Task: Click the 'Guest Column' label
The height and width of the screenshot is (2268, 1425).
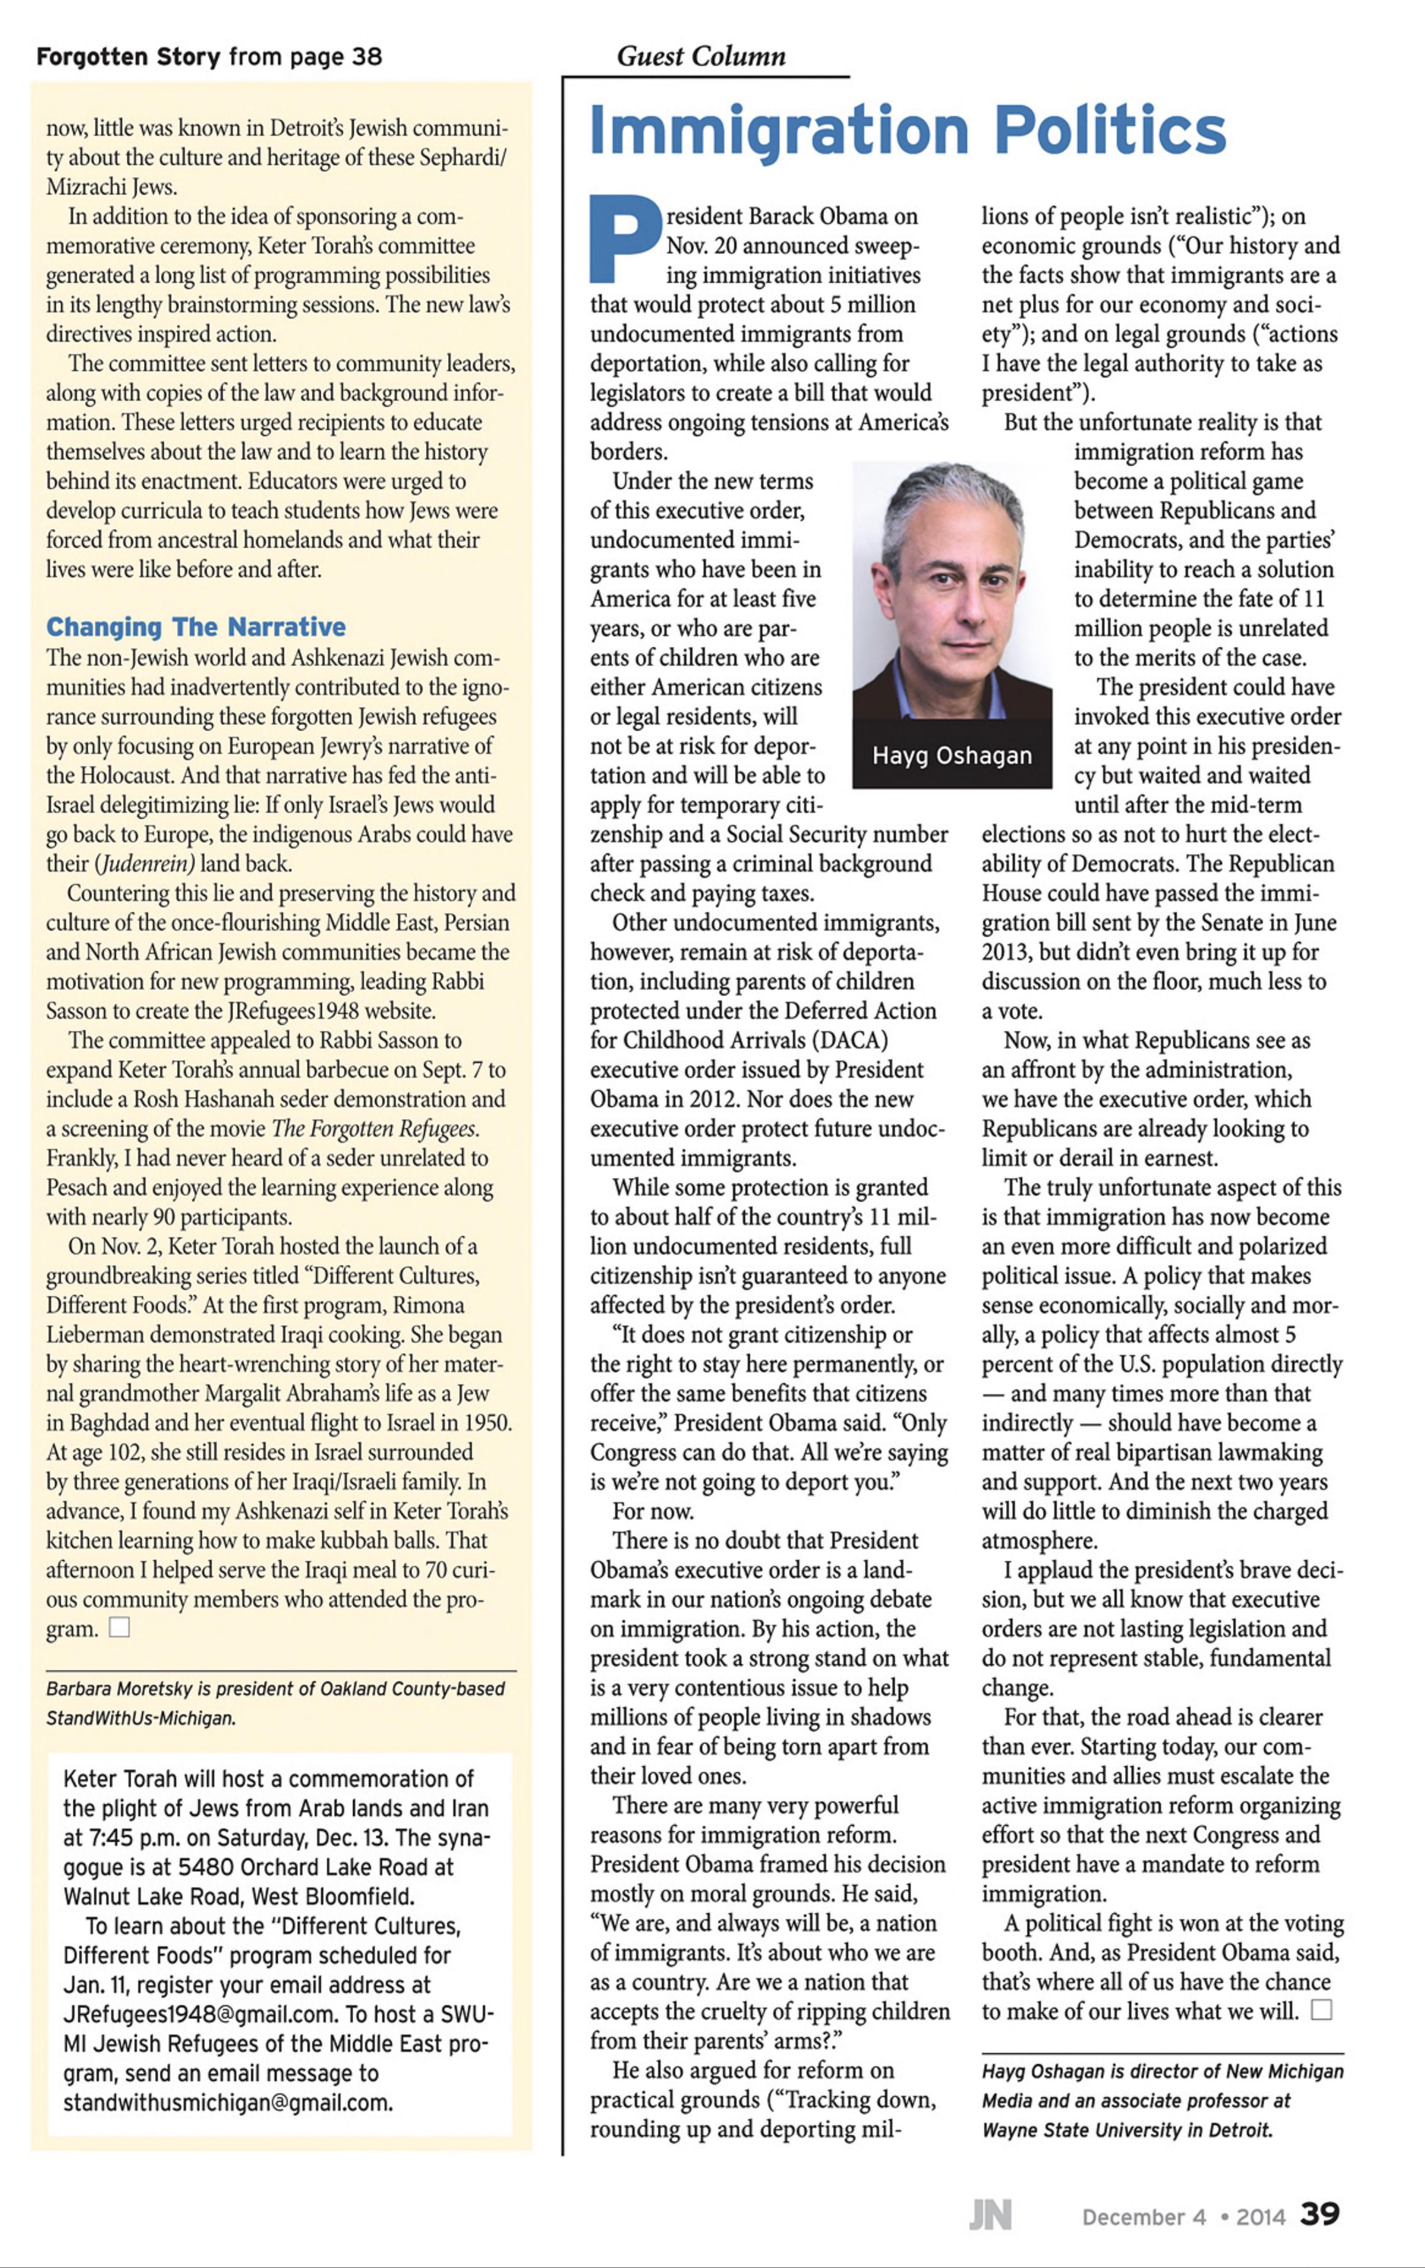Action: coord(701,57)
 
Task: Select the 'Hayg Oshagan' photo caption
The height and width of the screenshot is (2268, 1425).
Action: coord(951,755)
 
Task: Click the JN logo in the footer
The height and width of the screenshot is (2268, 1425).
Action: coord(990,2215)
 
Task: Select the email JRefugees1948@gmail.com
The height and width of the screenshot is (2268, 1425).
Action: coord(200,2015)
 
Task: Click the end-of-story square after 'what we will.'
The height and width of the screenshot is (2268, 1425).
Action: coord(1321,2011)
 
